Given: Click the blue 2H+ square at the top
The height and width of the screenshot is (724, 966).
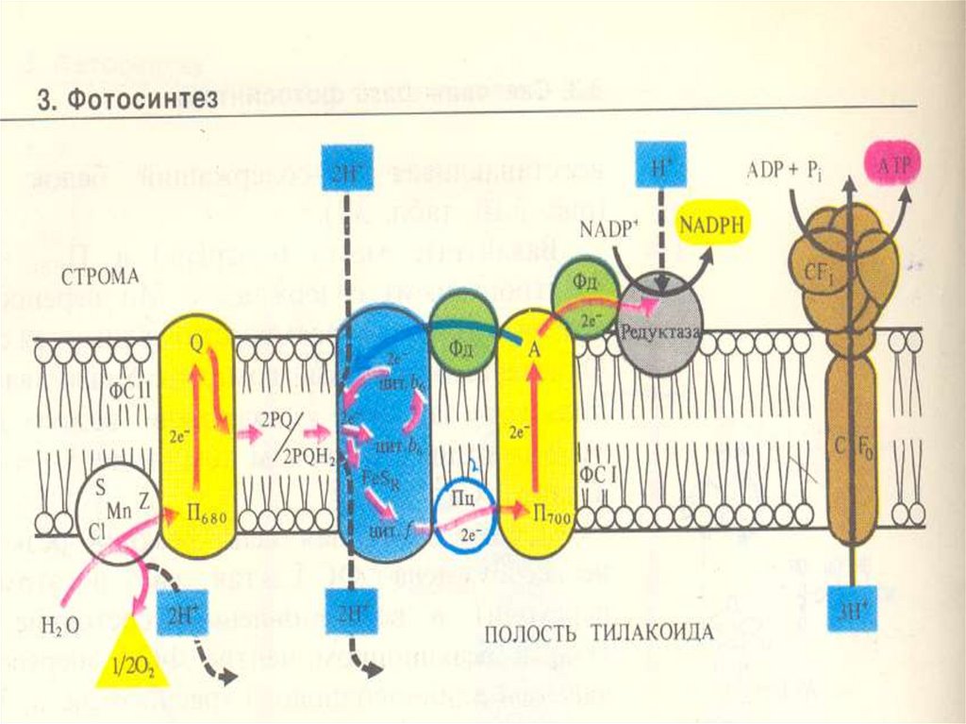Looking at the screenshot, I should coord(346,170).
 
